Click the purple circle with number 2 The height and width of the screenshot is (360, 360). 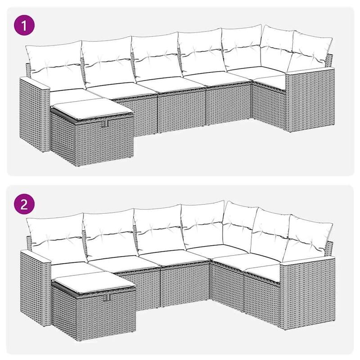point(25,205)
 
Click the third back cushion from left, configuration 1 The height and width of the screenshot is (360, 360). point(155,58)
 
